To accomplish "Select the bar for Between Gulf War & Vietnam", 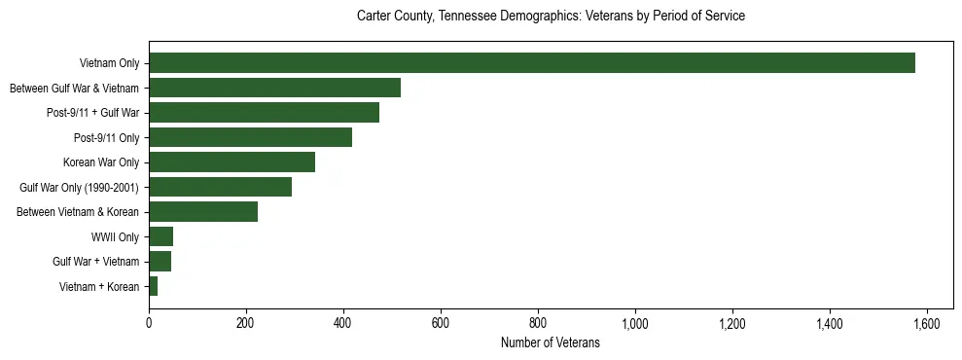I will [x=274, y=89].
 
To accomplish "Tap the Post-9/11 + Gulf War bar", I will [x=264, y=113].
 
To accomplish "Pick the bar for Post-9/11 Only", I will [x=250, y=137].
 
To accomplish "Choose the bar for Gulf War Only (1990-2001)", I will [x=220, y=187].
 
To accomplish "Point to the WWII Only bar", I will [x=160, y=236].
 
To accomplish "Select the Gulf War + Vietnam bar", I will [x=160, y=262].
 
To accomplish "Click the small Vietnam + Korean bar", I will [x=153, y=286].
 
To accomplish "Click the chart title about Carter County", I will [x=551, y=17].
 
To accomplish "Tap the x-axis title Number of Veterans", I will [x=551, y=343].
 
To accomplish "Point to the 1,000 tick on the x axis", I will [x=635, y=323].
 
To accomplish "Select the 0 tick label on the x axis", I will [x=149, y=323].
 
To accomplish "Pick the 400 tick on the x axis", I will [x=343, y=323].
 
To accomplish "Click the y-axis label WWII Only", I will [x=115, y=236].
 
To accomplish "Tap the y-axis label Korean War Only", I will [x=101, y=162].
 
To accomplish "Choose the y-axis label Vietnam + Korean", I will [x=99, y=286].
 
